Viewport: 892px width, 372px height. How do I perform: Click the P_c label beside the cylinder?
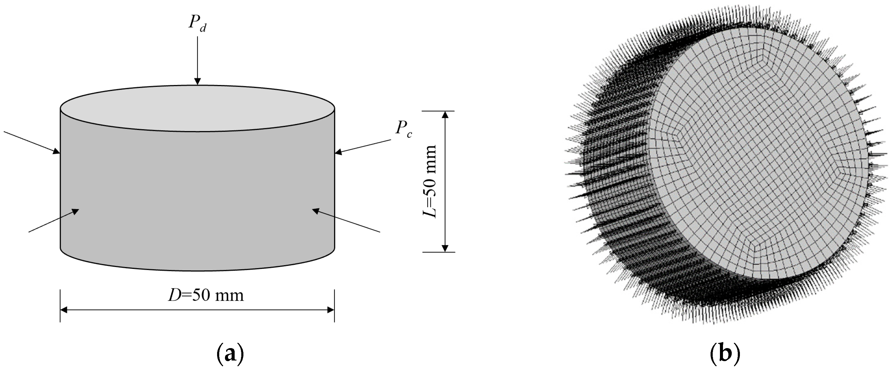tap(403, 129)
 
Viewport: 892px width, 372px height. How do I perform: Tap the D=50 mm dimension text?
tap(206, 295)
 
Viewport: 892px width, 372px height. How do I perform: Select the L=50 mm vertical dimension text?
tap(430, 181)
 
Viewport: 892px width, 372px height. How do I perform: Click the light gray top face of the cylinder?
tap(197, 108)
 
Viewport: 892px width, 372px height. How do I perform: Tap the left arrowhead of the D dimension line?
tap(64, 310)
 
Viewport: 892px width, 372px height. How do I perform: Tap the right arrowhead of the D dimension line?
tap(330, 310)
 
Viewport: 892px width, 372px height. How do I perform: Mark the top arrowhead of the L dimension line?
tap(445, 115)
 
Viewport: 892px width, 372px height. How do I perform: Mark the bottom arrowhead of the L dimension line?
tap(445, 248)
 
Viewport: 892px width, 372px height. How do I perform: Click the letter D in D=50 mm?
tap(174, 295)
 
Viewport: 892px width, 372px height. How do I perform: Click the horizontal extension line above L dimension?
tap(438, 111)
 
